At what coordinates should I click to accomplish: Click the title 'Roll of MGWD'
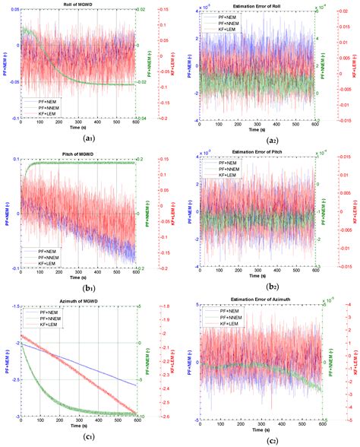coord(81,5)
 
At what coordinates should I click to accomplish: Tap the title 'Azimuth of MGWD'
coord(81,303)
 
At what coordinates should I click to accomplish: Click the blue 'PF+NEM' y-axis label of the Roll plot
coord(5,65)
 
